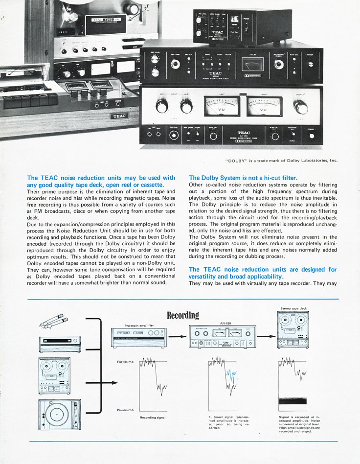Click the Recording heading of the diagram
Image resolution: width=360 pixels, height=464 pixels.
183,316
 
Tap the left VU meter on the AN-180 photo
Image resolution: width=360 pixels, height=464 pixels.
222,105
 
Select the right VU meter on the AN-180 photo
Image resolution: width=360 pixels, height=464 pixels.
265,106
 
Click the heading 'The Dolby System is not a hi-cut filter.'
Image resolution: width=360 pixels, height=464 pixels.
243,178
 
